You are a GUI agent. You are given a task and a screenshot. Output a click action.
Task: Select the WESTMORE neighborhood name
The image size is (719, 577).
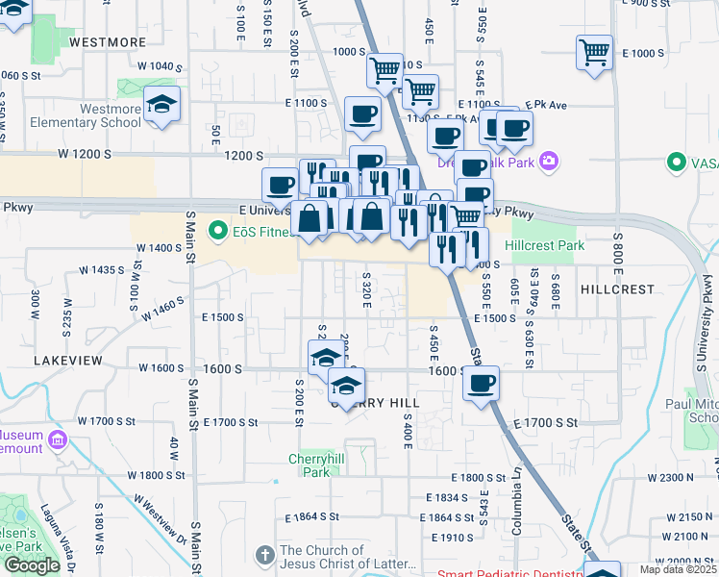[x=109, y=42]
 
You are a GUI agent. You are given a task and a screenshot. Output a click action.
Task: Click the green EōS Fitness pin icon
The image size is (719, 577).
[x=217, y=231]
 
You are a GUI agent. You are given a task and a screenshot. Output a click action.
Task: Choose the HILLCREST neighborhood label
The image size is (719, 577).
[x=617, y=288]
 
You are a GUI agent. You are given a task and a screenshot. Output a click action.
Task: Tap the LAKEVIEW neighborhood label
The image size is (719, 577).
[x=67, y=359]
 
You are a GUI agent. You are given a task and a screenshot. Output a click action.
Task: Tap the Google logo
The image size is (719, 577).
[x=32, y=565]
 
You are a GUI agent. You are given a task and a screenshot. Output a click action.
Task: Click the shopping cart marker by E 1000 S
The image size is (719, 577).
[x=594, y=52]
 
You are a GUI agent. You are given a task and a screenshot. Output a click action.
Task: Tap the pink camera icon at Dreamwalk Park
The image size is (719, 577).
[x=548, y=162]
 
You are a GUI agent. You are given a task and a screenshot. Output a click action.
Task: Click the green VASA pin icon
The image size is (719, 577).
[x=679, y=163]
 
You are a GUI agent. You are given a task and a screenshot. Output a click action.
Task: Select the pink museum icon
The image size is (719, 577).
[x=57, y=440]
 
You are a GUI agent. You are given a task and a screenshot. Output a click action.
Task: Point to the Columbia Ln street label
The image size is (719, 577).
[x=516, y=514]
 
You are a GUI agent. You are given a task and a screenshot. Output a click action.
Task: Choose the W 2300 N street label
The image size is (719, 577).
[x=670, y=477]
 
